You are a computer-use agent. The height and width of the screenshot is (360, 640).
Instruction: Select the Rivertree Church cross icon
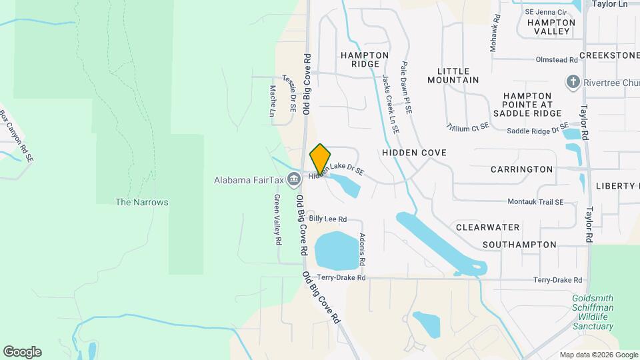(x=572, y=82)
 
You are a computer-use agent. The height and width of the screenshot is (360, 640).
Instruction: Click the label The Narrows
(x=141, y=202)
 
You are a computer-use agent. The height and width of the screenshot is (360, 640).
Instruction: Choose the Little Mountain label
(x=458, y=75)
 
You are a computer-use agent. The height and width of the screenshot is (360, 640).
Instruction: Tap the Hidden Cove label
(x=414, y=153)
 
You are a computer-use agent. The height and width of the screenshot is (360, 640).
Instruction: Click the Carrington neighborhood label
(x=521, y=169)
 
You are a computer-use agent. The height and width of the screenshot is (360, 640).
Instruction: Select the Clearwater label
(x=487, y=227)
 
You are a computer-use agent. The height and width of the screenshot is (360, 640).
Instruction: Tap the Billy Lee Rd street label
(x=327, y=219)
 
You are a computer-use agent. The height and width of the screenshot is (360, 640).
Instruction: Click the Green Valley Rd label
(x=278, y=219)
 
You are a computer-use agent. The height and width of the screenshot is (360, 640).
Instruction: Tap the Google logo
(x=22, y=352)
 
